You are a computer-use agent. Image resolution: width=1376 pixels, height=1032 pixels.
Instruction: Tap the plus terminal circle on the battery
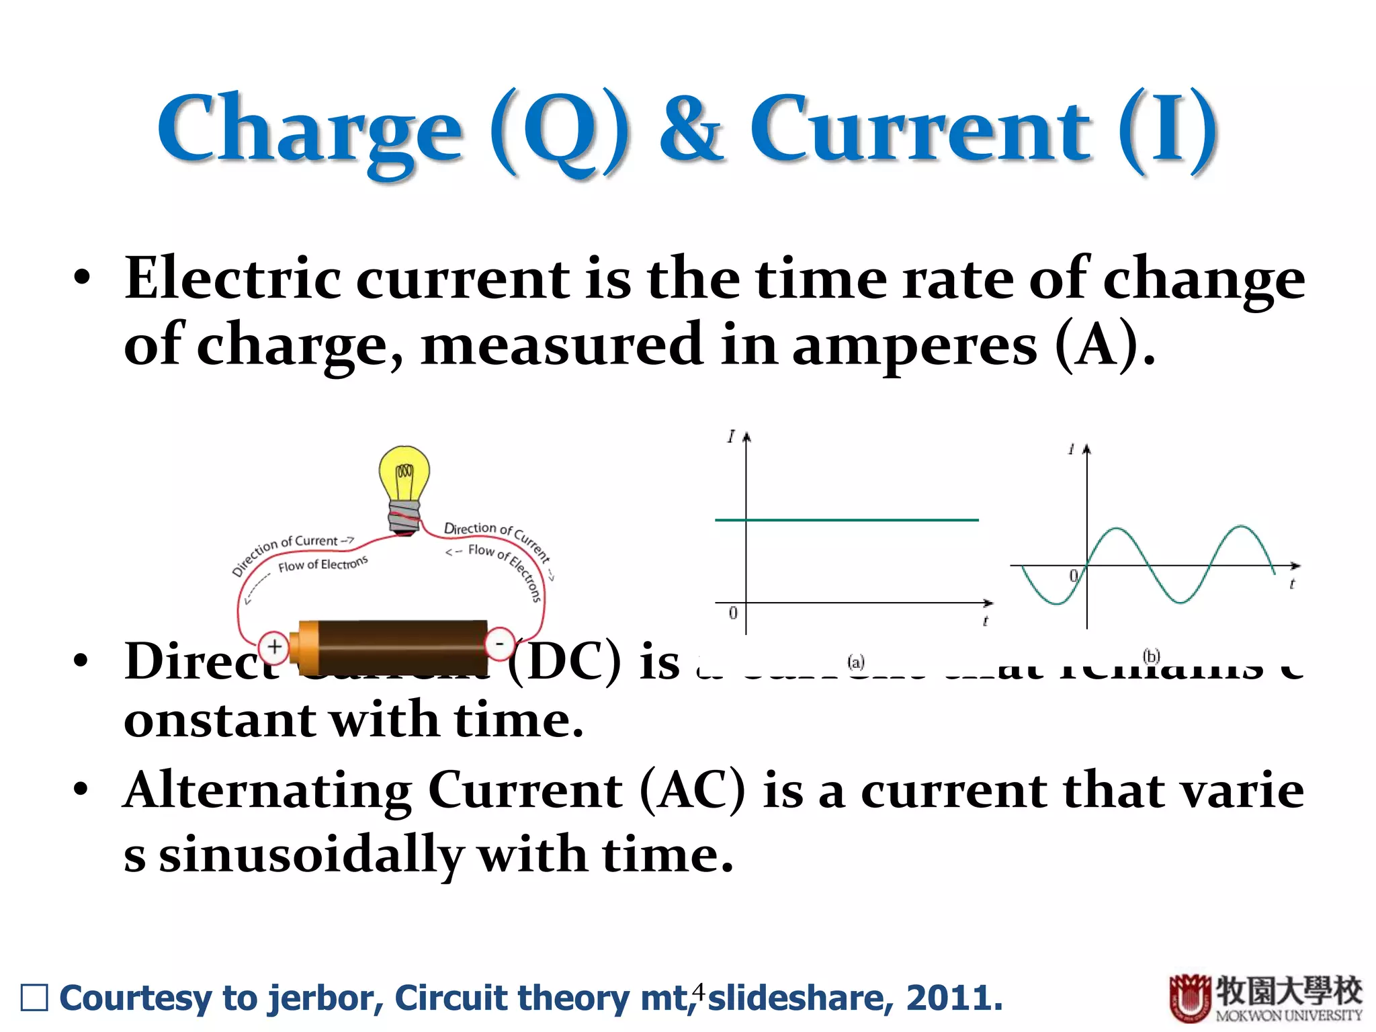(273, 647)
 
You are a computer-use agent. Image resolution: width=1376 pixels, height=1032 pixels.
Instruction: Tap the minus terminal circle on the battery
(499, 644)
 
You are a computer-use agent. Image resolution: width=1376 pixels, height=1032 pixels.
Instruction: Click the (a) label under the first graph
(855, 663)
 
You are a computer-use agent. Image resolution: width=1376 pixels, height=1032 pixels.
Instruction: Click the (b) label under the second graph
(1152, 656)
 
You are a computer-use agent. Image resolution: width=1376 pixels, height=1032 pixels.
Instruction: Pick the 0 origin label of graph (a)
(733, 613)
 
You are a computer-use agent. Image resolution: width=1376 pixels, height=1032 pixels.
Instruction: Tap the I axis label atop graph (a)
(731, 437)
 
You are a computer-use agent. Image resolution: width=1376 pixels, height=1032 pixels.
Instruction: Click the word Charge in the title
(309, 131)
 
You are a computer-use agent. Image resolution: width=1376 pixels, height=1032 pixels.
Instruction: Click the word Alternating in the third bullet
(267, 791)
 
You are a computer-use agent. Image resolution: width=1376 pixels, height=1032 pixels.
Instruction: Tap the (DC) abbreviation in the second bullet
(564, 662)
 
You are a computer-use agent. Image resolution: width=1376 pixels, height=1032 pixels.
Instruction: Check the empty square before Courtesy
(34, 998)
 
